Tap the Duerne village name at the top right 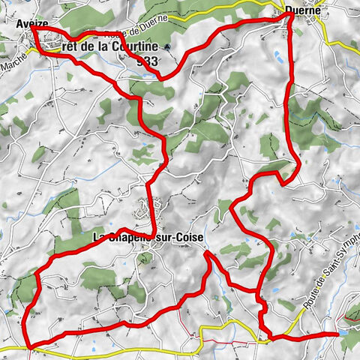point(303,10)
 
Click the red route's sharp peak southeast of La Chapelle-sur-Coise point(207,253)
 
